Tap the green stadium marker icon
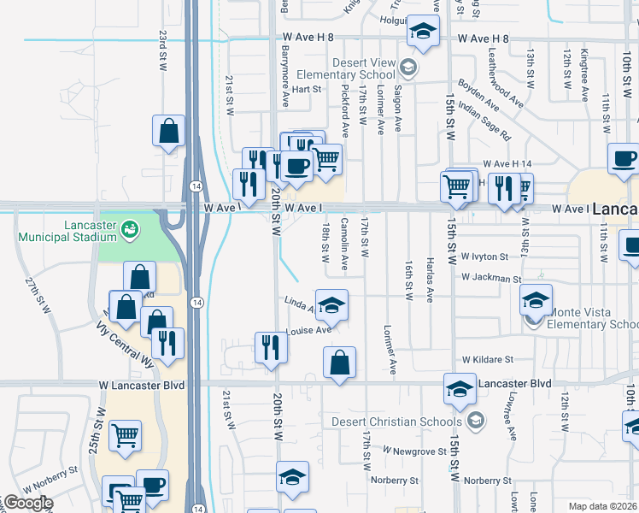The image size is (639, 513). pyautogui.click(x=129, y=228)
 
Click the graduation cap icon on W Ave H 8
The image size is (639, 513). pyautogui.click(x=421, y=32)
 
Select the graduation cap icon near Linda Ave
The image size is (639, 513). pyautogui.click(x=331, y=304)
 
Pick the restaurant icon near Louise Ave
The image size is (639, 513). pyautogui.click(x=270, y=346)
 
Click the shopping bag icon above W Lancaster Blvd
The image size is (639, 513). pyautogui.click(x=340, y=362)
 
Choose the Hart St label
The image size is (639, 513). pyautogui.click(x=306, y=88)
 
